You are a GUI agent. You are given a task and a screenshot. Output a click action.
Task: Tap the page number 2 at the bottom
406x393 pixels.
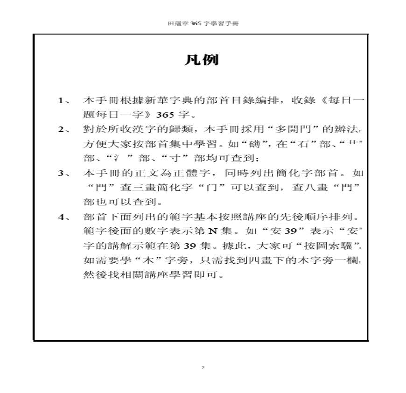(203, 368)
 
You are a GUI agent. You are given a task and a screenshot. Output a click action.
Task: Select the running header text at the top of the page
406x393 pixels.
(203, 23)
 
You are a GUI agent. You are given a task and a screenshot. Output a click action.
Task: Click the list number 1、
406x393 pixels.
(64, 101)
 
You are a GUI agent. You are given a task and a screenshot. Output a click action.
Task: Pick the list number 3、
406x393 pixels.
(64, 173)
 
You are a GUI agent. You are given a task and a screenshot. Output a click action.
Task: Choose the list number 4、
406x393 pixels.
(64, 217)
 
